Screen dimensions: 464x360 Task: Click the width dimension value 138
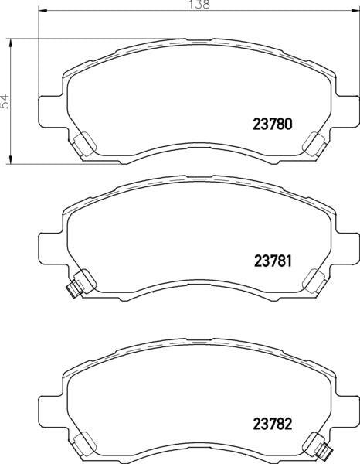point(199,5)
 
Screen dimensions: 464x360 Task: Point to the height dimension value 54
point(6,101)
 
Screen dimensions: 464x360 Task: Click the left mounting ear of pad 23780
point(49,107)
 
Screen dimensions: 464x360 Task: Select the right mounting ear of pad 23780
point(345,107)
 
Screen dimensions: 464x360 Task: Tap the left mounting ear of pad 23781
point(49,247)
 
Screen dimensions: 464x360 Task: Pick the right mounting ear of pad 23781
point(345,247)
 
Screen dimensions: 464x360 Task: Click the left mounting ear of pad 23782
point(49,410)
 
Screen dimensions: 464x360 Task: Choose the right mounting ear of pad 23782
point(345,410)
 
